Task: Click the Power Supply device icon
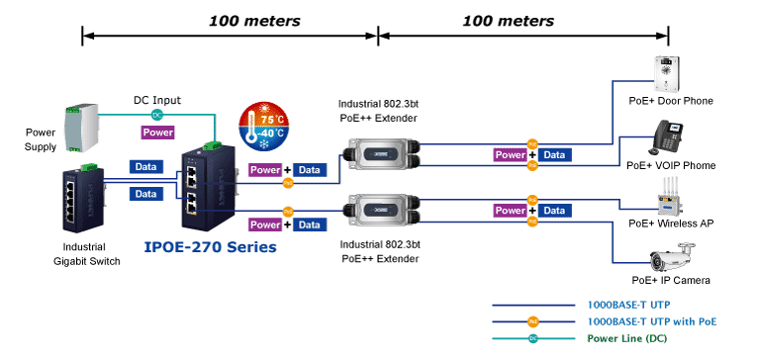point(82,125)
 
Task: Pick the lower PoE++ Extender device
point(378,211)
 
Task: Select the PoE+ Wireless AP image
point(670,196)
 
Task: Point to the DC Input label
point(157,100)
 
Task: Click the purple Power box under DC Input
point(157,132)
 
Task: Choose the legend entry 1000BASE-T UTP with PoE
point(651,321)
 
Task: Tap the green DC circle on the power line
point(157,115)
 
